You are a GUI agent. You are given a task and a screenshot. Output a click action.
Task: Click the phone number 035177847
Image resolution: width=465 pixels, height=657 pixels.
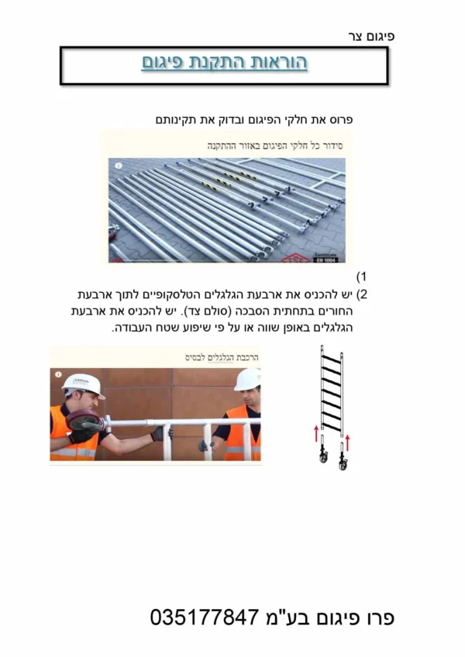click(x=204, y=617)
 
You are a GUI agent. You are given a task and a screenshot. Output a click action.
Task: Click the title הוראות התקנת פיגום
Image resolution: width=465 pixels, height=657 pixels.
click(x=224, y=62)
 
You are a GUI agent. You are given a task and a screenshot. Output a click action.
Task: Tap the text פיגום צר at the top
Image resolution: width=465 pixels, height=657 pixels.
click(x=371, y=36)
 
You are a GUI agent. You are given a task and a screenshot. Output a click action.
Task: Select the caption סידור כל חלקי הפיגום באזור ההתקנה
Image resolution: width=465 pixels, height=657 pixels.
click(x=275, y=146)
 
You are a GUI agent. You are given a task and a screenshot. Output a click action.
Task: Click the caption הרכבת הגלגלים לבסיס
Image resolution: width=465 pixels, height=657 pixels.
click(x=222, y=357)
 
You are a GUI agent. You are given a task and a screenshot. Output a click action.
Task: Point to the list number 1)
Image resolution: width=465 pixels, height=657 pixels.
click(x=361, y=277)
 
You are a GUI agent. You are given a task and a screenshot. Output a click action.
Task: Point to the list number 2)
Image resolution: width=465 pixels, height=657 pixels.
click(x=361, y=294)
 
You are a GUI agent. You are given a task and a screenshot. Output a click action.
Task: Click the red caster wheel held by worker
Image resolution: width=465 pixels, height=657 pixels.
click(x=84, y=421)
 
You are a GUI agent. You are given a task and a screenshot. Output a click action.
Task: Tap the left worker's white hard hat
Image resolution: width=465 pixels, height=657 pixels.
click(x=83, y=385)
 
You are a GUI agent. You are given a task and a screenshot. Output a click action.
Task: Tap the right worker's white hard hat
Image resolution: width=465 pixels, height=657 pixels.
click(x=248, y=380)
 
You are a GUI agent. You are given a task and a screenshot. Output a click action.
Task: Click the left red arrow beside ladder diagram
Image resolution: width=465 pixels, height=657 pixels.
click(x=316, y=434)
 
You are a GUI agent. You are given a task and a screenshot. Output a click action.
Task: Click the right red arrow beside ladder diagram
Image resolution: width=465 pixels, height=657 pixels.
click(x=347, y=443)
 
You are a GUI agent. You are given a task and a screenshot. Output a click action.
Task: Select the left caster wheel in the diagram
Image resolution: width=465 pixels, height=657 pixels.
click(x=323, y=455)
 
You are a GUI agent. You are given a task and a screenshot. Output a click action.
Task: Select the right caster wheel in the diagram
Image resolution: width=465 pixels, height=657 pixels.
click(x=343, y=463)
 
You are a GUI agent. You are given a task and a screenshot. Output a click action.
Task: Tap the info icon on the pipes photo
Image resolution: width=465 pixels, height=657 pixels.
click(x=119, y=166)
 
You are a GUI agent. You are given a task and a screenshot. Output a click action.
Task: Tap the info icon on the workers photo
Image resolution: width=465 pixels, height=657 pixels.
click(x=58, y=374)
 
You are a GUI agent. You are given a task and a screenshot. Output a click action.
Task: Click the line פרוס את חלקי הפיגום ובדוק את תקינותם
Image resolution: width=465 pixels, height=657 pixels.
click(x=254, y=120)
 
